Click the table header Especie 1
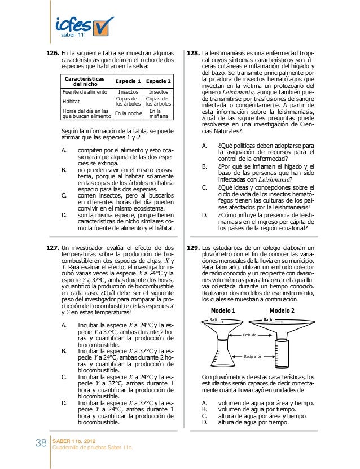pos(128,81)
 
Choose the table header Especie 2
pos(159,81)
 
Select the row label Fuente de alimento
pos(85,91)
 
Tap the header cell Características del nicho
pos(85,81)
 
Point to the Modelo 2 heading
pos(282,311)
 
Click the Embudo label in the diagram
pos(249,335)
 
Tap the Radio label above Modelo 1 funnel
pos(214,319)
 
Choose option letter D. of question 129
pos(205,422)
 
